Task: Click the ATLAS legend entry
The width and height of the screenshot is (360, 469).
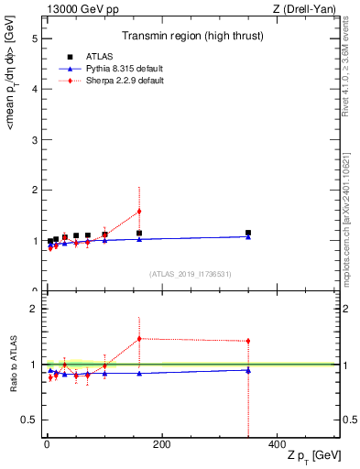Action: [98, 58]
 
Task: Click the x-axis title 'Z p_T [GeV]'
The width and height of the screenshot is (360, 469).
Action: [312, 456]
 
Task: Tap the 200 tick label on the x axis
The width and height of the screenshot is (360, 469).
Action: [161, 444]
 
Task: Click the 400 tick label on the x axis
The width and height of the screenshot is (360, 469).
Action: [277, 444]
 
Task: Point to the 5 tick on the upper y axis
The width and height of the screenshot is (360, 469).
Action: [33, 38]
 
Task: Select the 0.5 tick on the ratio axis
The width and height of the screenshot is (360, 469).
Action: [30, 420]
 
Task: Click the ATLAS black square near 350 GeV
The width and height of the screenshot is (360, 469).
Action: [248, 233]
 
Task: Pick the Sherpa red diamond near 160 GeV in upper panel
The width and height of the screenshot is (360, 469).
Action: [139, 211]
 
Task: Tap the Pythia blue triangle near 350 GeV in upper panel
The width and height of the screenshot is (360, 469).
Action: [248, 236]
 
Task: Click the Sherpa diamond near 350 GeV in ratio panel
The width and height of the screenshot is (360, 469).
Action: [248, 341]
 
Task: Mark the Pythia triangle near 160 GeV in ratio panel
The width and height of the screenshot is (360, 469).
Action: [139, 373]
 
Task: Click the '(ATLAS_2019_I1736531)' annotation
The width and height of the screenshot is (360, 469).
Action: [191, 274]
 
